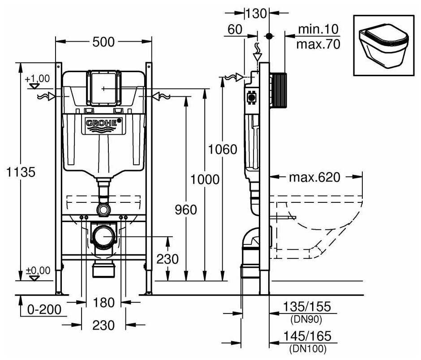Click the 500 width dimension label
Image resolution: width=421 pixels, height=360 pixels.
click(x=103, y=42)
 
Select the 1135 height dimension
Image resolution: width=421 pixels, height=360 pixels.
click(x=19, y=171)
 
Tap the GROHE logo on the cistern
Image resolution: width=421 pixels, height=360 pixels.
click(x=103, y=122)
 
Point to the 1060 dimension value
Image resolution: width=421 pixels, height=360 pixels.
click(x=223, y=149)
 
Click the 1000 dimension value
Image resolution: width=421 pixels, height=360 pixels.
click(x=204, y=180)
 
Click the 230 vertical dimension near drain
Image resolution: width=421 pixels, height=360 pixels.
click(x=167, y=259)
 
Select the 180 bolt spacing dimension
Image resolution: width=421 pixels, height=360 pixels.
click(x=104, y=303)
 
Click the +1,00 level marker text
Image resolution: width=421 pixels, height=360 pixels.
click(x=38, y=79)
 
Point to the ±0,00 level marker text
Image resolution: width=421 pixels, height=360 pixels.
click(x=38, y=270)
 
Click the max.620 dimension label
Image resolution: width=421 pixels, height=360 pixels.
click(x=314, y=177)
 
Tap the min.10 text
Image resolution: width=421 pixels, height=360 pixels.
click(x=318, y=30)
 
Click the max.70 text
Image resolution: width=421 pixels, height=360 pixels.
click(x=318, y=44)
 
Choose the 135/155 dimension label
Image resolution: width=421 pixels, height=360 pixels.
click(x=307, y=307)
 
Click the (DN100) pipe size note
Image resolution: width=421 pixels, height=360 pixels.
click(x=307, y=348)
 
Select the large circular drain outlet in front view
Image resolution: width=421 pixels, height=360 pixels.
click(x=104, y=235)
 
